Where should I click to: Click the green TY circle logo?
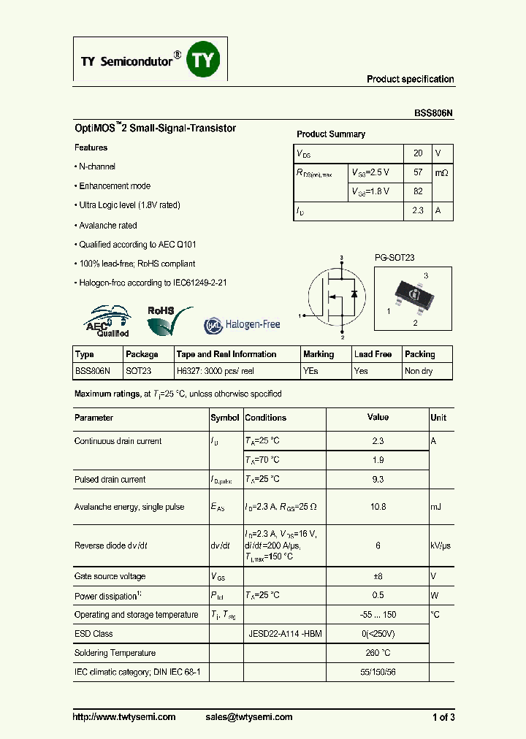204,60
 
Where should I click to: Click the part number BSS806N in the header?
434,113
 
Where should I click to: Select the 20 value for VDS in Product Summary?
418,153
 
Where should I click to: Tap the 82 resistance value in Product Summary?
418,191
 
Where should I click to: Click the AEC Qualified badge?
108,322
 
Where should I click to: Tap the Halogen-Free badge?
242,323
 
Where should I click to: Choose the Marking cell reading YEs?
310,371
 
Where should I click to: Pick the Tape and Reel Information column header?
226,354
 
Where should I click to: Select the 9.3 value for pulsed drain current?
378,480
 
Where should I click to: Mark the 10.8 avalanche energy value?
378,507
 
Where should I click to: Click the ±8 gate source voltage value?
378,576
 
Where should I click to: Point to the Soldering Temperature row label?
115,653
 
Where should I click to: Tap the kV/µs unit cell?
441,545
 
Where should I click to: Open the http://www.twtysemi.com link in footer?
124,717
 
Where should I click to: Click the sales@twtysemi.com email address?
249,717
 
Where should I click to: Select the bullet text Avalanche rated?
107,226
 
